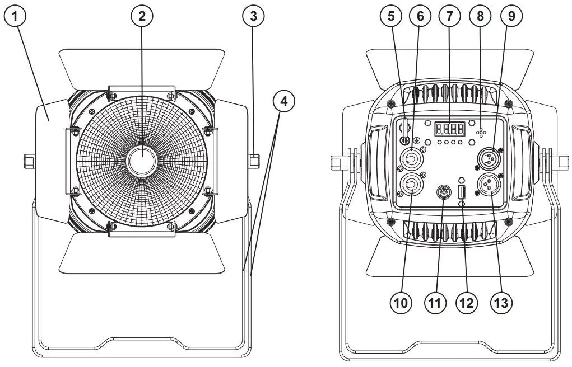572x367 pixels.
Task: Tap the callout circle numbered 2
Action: pos(142,16)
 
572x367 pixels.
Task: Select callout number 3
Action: pos(254,16)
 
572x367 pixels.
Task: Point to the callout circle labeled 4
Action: pos(283,101)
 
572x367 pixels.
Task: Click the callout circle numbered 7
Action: pos(448,16)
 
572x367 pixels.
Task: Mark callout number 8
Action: pos(480,16)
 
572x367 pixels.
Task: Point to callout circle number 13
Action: pos(500,303)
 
